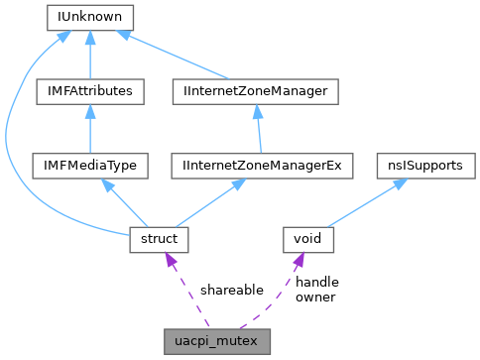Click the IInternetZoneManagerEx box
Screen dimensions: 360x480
[x=262, y=165]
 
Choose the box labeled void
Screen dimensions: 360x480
[x=308, y=238]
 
